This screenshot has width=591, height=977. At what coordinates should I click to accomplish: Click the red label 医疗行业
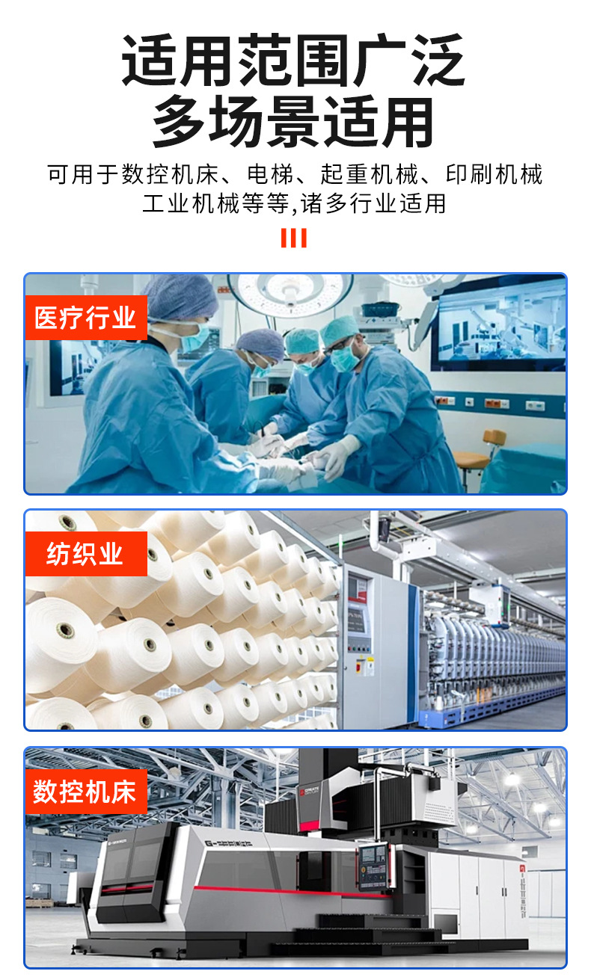(85, 318)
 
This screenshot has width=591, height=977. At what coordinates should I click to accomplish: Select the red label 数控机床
(85, 792)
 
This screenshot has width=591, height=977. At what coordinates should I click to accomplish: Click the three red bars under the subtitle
(294, 238)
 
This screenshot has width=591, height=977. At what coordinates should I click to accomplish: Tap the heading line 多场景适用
(294, 122)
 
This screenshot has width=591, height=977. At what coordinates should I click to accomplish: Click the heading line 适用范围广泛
(294, 61)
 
